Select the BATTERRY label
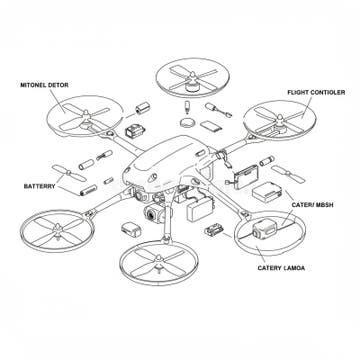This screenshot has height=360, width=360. pos(40,186)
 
